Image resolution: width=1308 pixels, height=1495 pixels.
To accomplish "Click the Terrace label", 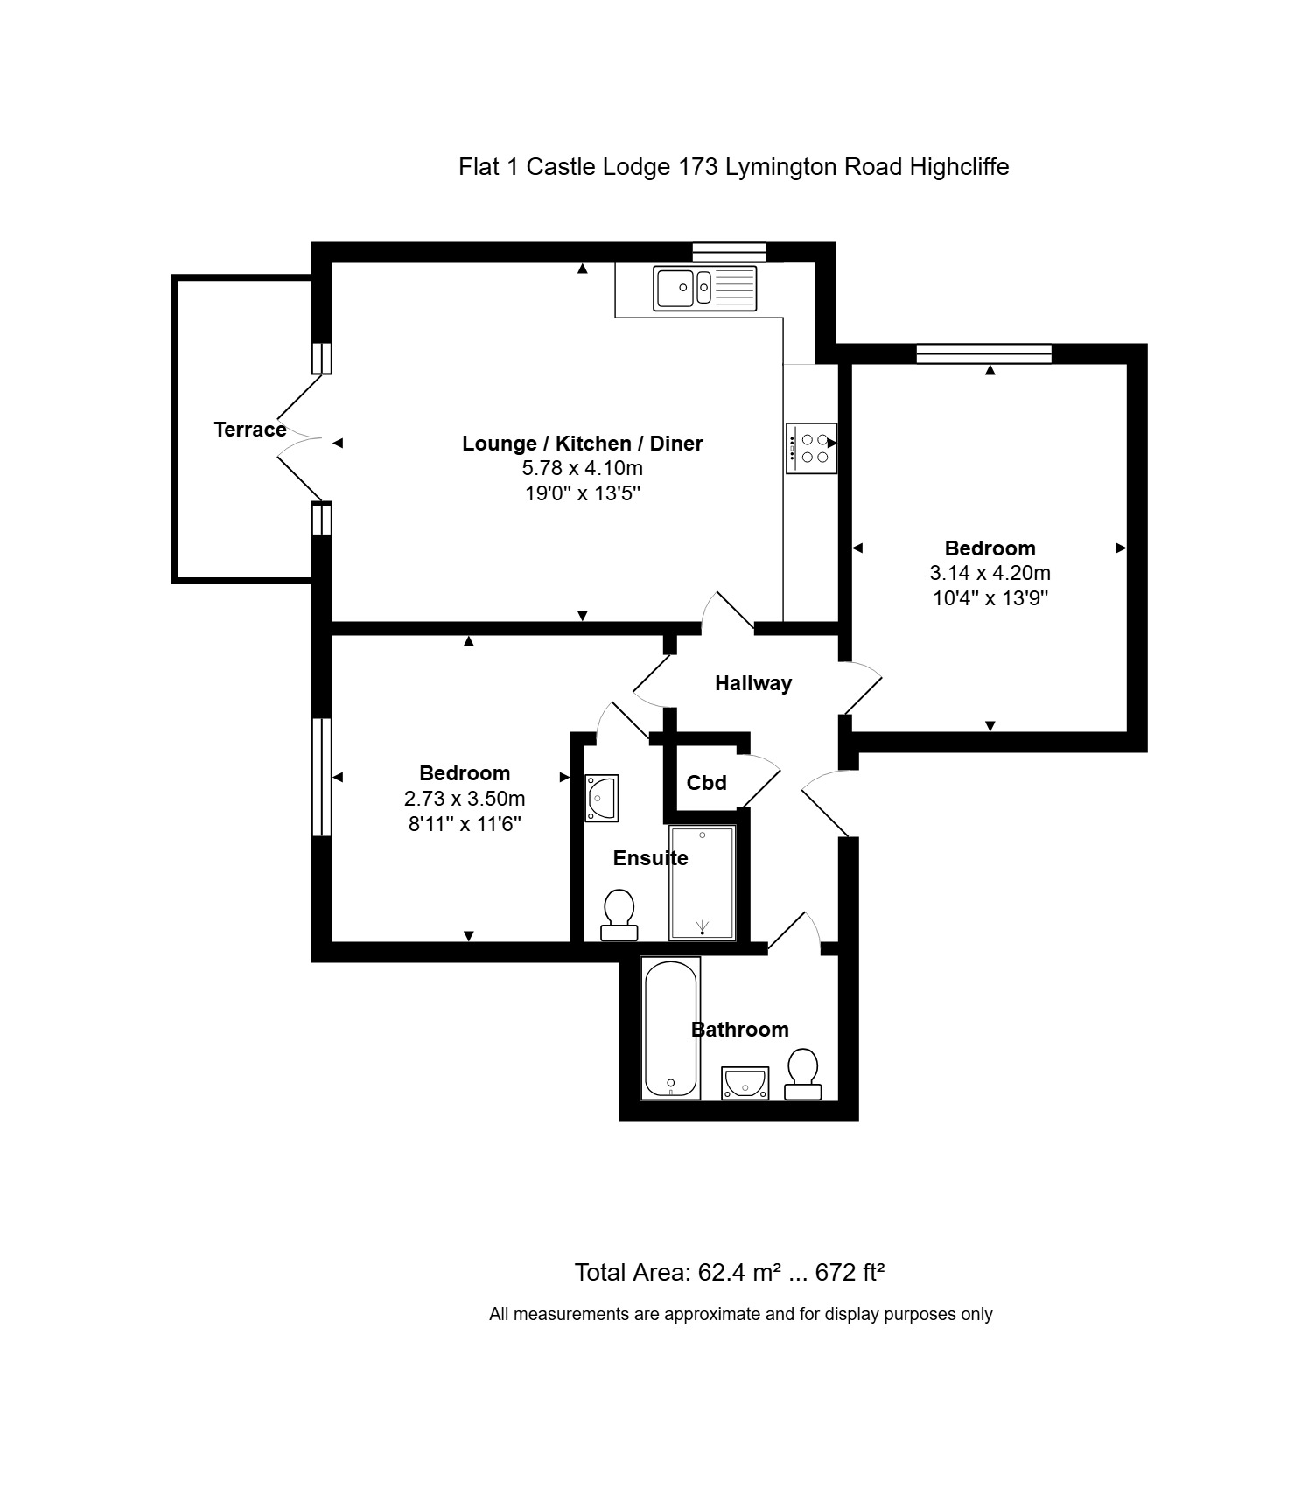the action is coord(250,430).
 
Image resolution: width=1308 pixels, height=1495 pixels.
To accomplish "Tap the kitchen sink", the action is coord(705,288).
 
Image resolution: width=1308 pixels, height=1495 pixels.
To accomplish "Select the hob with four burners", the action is coord(811,449).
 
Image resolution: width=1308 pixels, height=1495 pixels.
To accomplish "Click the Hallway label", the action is coord(753,683).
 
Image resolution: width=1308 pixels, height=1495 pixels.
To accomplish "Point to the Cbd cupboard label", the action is coord(706,783).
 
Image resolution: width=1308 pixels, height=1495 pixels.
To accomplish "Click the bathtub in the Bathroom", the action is coord(671,1028).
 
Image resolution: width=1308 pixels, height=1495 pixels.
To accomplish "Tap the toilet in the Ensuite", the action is coord(619,915).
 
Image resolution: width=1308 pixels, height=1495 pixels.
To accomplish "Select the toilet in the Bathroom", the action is coord(802,1074).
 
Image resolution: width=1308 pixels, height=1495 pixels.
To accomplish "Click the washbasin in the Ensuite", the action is coord(602,798).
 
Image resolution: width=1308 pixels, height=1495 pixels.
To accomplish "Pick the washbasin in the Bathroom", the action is coord(745,1083).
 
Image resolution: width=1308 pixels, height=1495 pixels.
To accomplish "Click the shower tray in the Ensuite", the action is coord(702,883).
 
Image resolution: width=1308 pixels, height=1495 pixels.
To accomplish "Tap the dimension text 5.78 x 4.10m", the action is coord(583,469).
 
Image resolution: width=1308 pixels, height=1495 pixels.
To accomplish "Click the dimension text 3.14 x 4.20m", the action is coord(990,574).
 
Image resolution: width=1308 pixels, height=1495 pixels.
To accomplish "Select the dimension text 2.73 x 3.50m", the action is coord(465,799).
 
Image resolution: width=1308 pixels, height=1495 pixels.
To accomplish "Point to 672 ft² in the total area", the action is coord(850,1272).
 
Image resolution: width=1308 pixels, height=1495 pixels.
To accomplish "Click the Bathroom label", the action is coord(740,1030).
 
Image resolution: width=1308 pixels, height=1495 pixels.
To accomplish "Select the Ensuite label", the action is coord(650,858).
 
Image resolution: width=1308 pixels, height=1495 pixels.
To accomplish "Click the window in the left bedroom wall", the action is coord(322,777).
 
